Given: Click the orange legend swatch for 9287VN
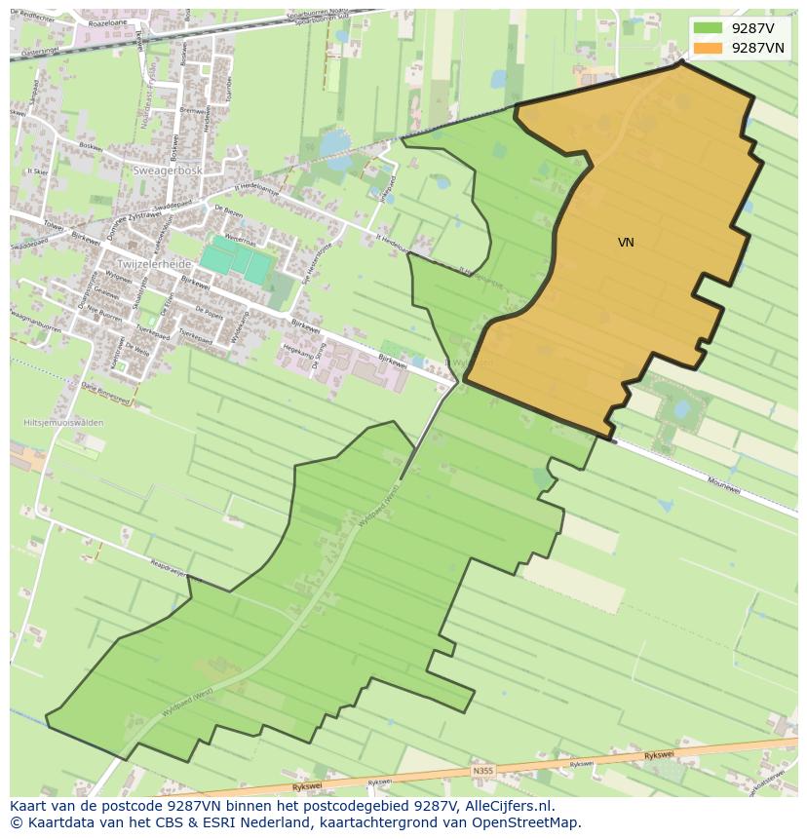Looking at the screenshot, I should click(x=709, y=48).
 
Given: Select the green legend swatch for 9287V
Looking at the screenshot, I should click(x=709, y=28).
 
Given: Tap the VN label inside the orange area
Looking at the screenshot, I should click(x=626, y=242).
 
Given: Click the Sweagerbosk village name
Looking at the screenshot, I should click(x=167, y=170).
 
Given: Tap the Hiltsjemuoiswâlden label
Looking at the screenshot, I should click(x=62, y=423).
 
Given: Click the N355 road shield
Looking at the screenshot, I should click(x=482, y=771).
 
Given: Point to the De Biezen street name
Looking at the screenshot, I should click(x=227, y=210).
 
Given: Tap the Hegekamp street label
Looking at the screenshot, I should click(x=294, y=346).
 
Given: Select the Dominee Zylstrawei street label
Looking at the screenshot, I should click(x=129, y=223).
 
